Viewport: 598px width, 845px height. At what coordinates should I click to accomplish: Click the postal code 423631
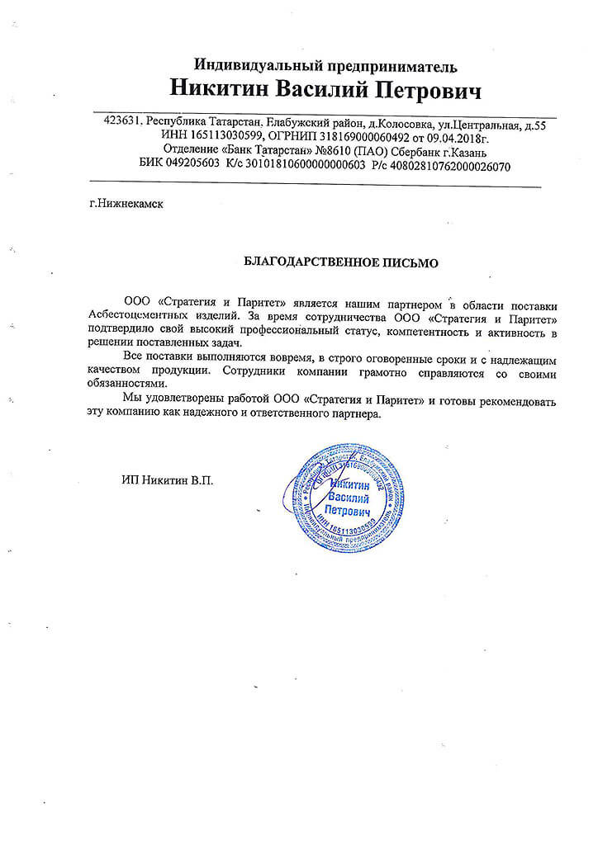pos(123,121)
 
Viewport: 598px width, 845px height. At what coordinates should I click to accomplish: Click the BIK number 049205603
pos(192,166)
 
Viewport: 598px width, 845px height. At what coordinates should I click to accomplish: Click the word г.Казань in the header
pos(465,151)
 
